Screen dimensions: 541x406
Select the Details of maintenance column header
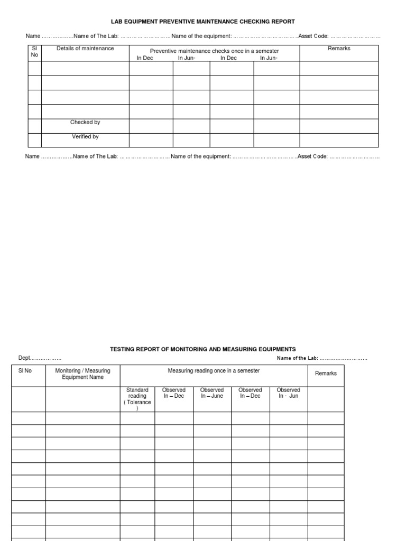85,49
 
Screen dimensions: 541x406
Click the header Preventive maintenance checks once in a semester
214,51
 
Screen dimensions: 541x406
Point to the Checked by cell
85,123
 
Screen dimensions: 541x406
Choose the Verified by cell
85,137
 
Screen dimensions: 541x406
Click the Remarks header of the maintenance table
339,49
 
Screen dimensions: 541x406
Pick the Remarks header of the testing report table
326,374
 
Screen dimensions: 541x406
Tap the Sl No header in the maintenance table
34,51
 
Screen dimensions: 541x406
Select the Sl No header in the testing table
25,371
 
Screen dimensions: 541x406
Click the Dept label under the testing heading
25,358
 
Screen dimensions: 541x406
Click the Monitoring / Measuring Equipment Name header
82,374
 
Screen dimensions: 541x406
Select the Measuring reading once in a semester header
214,371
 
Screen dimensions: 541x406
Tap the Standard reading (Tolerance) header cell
137,399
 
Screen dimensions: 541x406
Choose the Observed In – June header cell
212,393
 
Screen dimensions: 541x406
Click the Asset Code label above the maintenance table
313,36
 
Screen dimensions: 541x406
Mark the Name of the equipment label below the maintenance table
201,157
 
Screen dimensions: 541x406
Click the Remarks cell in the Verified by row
339,140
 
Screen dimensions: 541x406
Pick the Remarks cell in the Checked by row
339,126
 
